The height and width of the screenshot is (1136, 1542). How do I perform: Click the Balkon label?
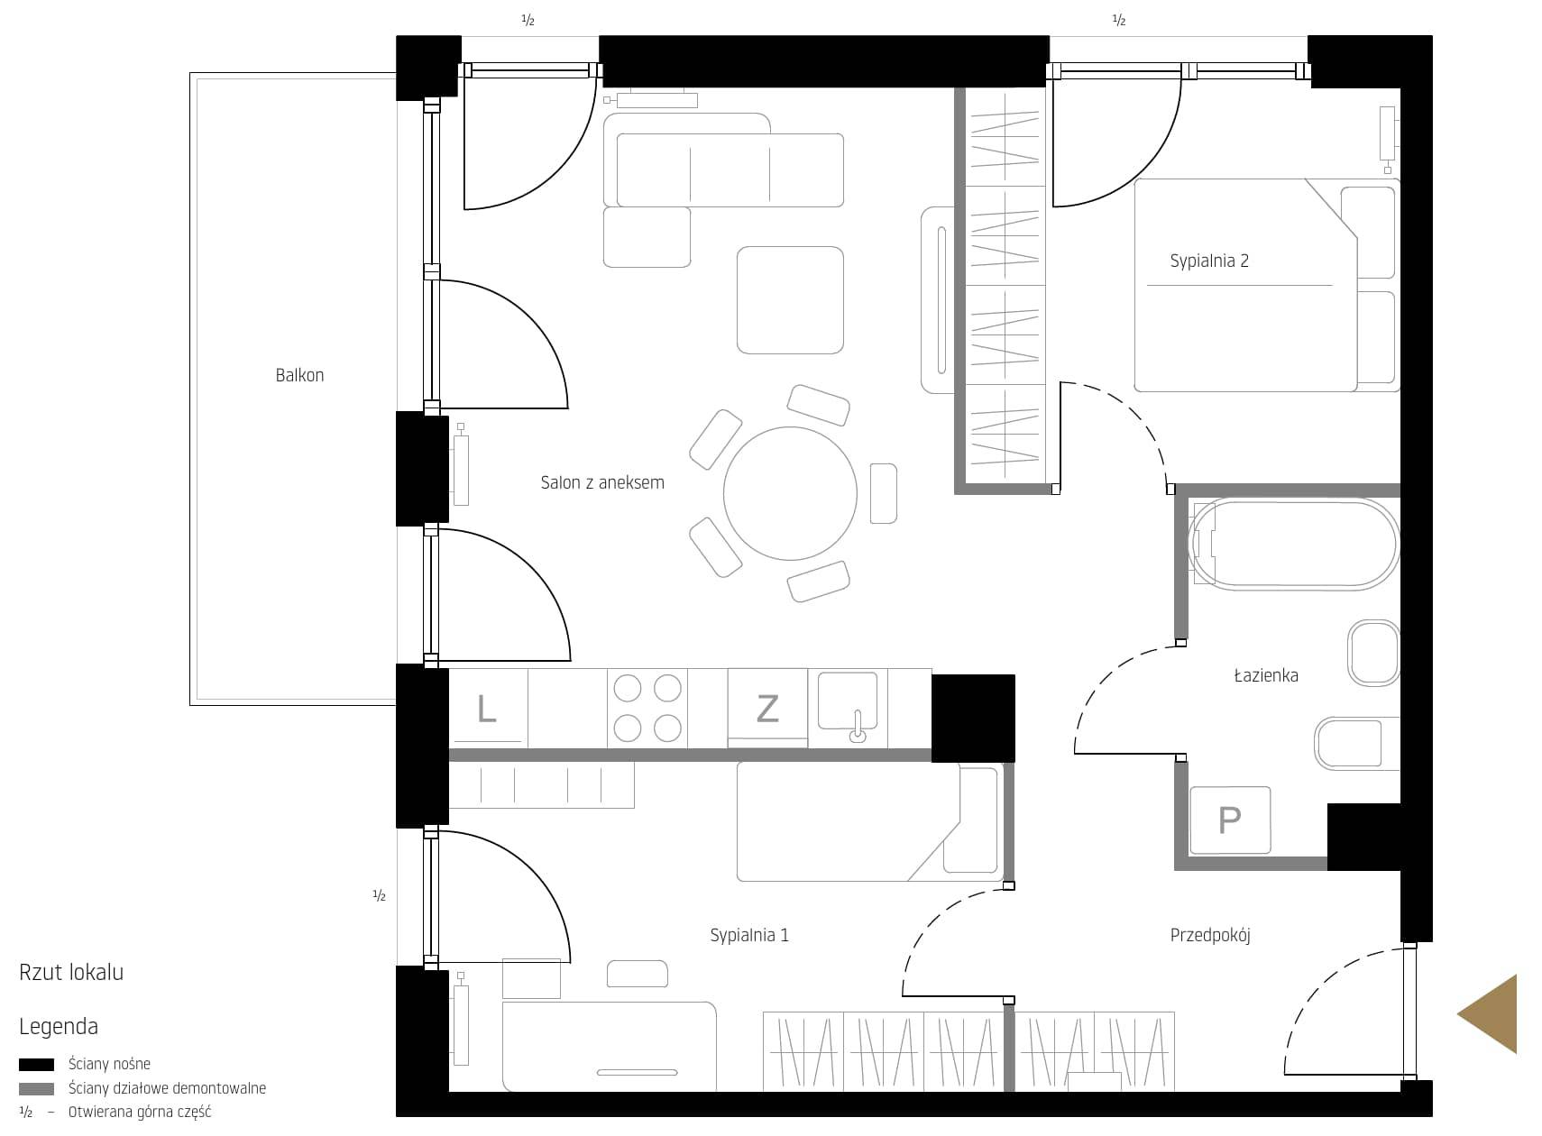(x=299, y=375)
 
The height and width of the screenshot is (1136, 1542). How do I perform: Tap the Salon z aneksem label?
(x=602, y=482)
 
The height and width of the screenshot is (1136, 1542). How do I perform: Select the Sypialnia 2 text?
(x=1209, y=261)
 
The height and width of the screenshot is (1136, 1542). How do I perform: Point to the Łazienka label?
(x=1266, y=675)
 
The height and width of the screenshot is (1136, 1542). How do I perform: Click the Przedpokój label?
(x=1210, y=935)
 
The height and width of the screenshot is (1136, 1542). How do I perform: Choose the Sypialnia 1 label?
(x=749, y=935)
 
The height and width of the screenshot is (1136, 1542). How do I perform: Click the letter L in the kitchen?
(x=487, y=709)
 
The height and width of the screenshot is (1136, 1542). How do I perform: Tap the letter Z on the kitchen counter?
(x=767, y=709)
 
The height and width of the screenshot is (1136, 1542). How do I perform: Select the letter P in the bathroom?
(x=1229, y=820)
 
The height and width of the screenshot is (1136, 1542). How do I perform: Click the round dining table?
(x=790, y=493)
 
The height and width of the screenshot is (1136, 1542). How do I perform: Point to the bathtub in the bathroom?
(x=1293, y=545)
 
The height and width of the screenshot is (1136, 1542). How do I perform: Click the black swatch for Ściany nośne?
(x=36, y=1065)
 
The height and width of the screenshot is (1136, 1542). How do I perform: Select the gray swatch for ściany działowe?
(x=36, y=1089)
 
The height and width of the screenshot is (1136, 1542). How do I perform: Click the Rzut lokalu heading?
(x=71, y=972)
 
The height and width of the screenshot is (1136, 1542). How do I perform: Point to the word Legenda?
(x=59, y=1027)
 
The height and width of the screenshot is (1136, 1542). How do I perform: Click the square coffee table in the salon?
(x=790, y=300)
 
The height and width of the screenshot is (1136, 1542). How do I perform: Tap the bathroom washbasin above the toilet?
(x=1374, y=653)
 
